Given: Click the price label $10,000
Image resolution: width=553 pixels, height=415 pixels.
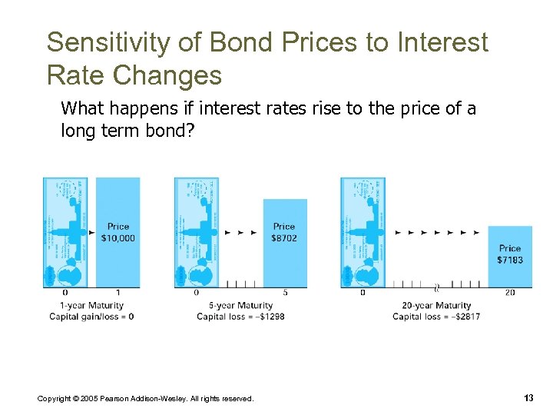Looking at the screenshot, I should coord(118,237).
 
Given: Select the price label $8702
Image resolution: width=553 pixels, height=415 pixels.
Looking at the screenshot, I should coord(284,237).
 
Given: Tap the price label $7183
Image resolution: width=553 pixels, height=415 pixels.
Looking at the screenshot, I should coord(510,260).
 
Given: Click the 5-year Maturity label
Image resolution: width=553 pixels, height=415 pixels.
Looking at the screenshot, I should coord(240,306).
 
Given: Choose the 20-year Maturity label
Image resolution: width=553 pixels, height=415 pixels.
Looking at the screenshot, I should coord(436,306).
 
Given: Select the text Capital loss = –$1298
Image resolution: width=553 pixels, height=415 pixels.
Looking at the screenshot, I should coord(240,317).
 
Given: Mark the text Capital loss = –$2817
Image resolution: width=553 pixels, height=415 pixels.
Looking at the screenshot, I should coord(436,317).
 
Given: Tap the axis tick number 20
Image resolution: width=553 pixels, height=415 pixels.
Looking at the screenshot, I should coord(510,293).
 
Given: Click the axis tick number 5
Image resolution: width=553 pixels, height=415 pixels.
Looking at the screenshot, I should coord(285,293).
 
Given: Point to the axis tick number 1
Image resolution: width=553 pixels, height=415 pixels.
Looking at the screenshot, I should coord(118,293).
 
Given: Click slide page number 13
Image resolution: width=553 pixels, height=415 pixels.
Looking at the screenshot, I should coord(528,397).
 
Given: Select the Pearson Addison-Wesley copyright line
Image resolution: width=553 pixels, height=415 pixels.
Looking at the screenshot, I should coord(145,398).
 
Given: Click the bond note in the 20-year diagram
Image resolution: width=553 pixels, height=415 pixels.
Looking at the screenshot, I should coord(363,233).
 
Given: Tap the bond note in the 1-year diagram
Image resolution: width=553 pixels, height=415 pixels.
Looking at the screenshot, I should coord(65,233).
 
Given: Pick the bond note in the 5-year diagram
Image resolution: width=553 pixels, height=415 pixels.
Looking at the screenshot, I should coord(197,233).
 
